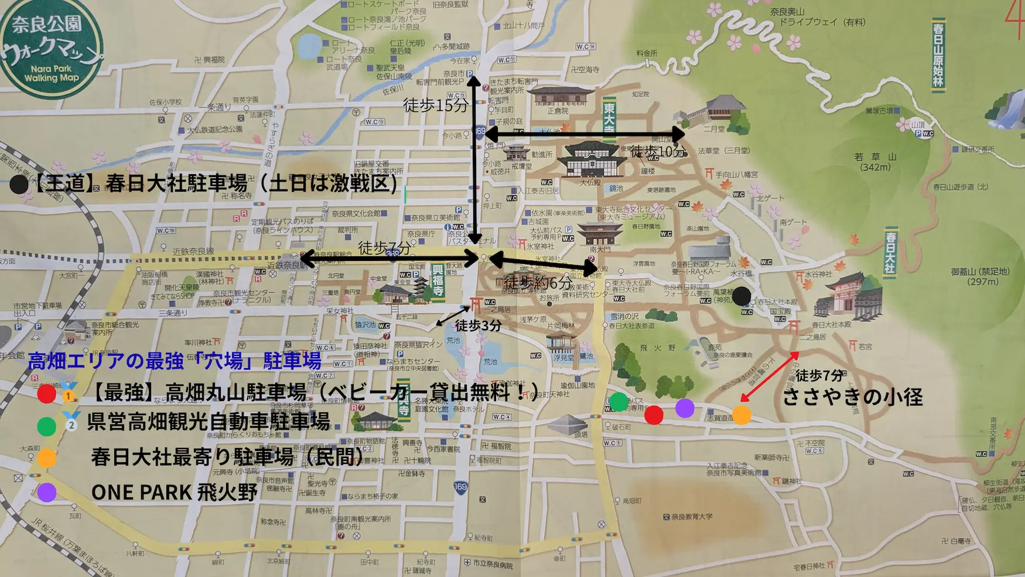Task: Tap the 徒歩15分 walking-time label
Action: [x=435, y=106]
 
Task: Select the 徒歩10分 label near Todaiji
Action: [x=657, y=152]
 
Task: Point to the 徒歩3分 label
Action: [x=478, y=325]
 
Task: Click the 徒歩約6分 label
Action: [x=538, y=283]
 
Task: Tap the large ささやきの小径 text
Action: [x=852, y=397]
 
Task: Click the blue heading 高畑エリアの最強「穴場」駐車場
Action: [x=174, y=361]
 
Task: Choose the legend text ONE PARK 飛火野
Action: [x=174, y=493]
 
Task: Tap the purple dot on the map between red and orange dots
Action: [x=685, y=408]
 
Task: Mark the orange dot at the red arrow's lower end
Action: [x=742, y=415]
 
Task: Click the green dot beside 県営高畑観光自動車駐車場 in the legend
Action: [x=46, y=426]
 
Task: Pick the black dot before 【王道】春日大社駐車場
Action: [x=18, y=185]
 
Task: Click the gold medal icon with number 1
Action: [x=69, y=392]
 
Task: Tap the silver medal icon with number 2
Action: [x=71, y=421]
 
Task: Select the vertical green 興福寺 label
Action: [x=438, y=280]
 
